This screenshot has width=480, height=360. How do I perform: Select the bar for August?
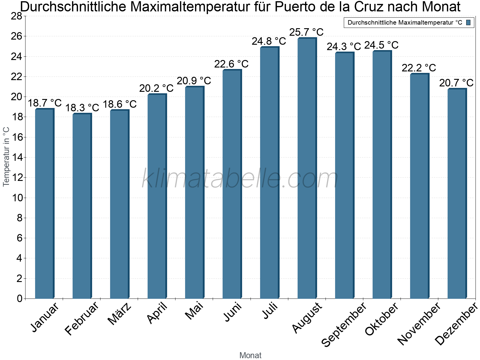click(307, 168)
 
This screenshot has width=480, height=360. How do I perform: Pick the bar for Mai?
click(194, 192)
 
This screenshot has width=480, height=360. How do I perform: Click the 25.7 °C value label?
click(306, 32)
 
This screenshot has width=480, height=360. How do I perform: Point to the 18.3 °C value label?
click(82, 108)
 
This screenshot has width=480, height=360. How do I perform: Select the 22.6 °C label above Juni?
click(231, 64)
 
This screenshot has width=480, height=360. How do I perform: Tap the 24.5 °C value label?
click(381, 45)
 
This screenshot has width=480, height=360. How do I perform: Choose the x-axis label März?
click(120, 313)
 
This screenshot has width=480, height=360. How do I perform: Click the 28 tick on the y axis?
click(16, 16)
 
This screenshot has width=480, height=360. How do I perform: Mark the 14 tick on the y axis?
click(16, 157)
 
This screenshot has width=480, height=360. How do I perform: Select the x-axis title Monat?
click(250, 355)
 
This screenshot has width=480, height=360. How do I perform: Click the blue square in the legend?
click(469, 22)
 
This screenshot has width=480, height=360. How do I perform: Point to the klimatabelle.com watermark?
click(240, 179)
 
